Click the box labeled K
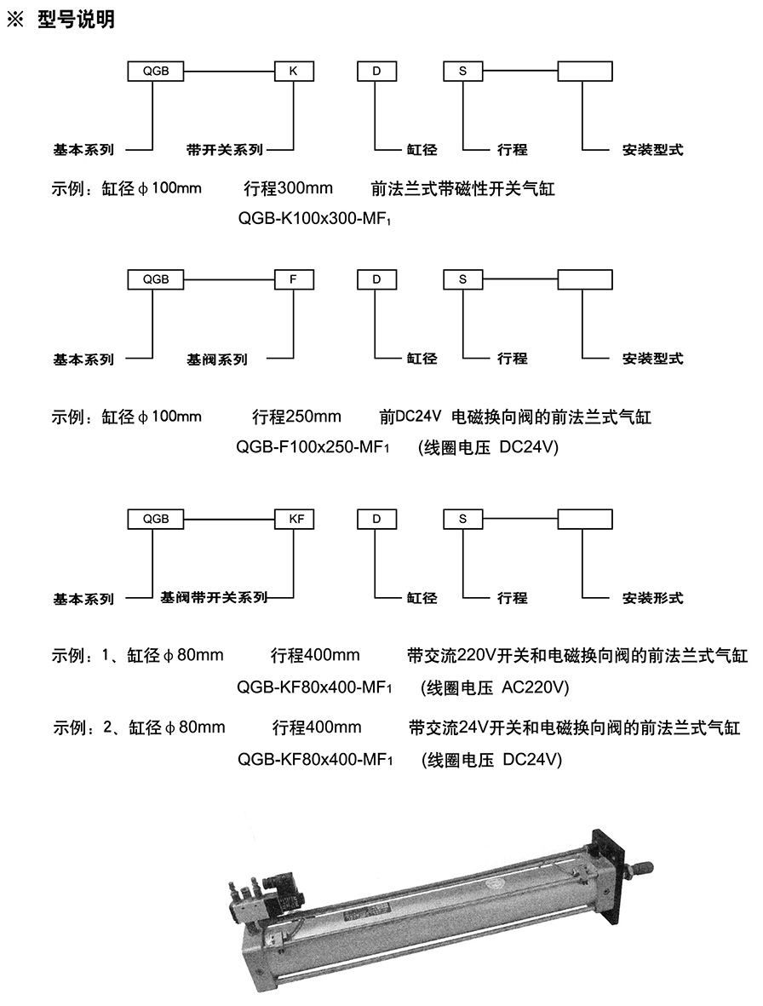(x=294, y=72)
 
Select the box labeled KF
(x=294, y=518)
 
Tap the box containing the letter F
(x=294, y=279)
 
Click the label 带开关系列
(x=224, y=150)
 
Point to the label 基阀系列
(x=217, y=359)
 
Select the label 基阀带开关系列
(x=214, y=598)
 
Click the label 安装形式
(x=652, y=599)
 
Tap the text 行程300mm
(x=288, y=188)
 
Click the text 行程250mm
(x=296, y=417)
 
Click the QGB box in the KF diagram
(x=157, y=518)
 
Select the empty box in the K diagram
(x=584, y=72)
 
